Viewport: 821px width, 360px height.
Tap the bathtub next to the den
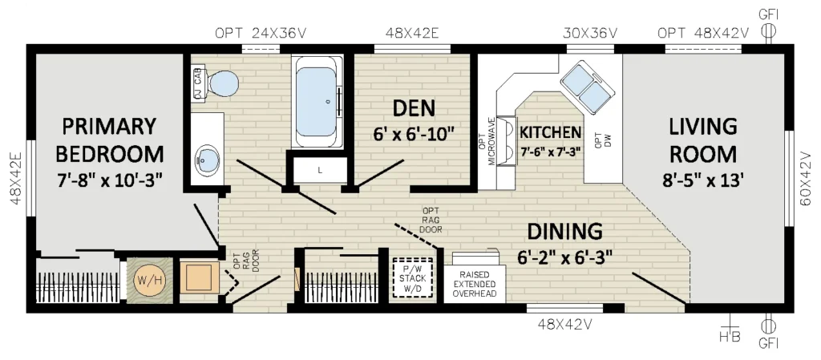tap(317, 101)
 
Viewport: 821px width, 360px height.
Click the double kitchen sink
tap(588, 87)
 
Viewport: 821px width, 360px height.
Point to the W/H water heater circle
tap(149, 281)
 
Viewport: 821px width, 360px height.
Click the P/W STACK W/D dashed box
tap(413, 277)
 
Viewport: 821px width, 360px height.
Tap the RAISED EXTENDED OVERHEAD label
tap(475, 284)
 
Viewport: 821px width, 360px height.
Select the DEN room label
tap(414, 107)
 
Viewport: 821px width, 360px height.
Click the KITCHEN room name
tap(550, 131)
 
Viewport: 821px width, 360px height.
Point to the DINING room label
tap(564, 231)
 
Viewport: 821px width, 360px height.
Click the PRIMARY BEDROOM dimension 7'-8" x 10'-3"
tap(109, 181)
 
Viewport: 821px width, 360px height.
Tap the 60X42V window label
tap(807, 179)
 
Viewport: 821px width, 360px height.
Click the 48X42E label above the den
tap(412, 33)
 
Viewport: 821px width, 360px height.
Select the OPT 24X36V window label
tap(261, 33)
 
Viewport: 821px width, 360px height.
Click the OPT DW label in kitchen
tap(604, 140)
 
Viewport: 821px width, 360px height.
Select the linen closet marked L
tap(320, 170)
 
